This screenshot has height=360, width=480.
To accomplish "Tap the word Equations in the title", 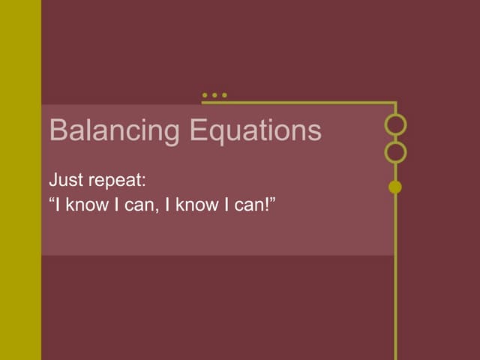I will click(x=255, y=131).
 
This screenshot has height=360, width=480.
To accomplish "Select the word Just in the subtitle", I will click(x=63, y=181).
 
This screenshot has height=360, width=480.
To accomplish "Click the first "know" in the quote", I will click(x=87, y=204).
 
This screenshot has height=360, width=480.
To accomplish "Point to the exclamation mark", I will click(x=267, y=204).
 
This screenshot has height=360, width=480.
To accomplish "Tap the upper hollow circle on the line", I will click(x=395, y=124).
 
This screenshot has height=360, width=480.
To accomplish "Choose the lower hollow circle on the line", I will click(x=395, y=152).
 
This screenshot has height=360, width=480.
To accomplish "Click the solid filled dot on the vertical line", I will click(x=395, y=187).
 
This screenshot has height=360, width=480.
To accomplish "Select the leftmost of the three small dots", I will click(x=205, y=95).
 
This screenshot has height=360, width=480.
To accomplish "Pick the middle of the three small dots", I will click(x=214, y=95).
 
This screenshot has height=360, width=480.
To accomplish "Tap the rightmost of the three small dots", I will click(x=223, y=95).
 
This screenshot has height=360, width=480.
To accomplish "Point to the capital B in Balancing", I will click(x=57, y=131).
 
